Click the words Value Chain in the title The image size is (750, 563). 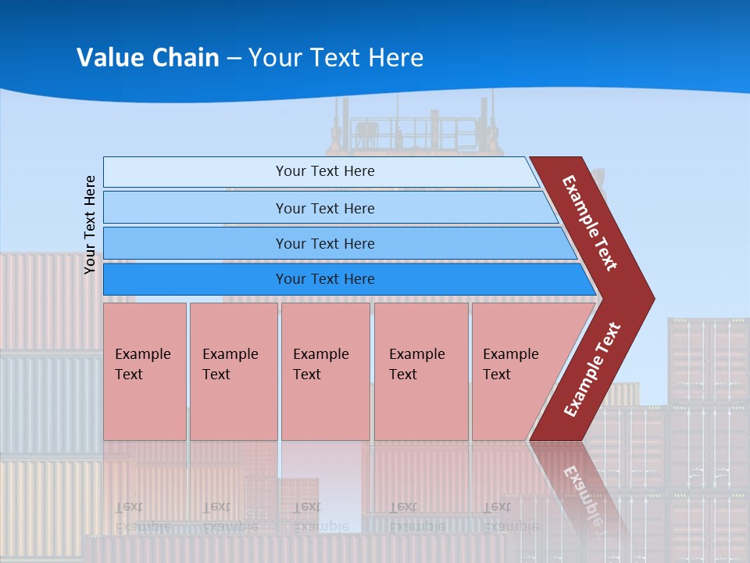(x=148, y=58)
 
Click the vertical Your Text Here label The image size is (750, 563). (x=91, y=224)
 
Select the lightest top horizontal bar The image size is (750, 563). (x=195, y=172)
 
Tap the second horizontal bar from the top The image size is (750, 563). (x=195, y=208)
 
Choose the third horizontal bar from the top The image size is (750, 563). (x=195, y=243)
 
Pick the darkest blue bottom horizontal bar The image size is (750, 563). (x=195, y=279)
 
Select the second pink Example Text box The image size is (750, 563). (x=233, y=399)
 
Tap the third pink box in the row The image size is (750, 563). (x=325, y=399)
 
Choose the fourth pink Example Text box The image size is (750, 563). (x=421, y=399)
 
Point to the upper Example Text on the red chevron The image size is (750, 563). (x=590, y=223)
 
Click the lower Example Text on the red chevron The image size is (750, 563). (x=592, y=370)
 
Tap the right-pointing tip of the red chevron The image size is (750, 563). (x=648, y=299)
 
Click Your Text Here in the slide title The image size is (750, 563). (x=336, y=58)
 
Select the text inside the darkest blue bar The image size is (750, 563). (x=325, y=279)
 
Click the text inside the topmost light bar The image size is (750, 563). (x=325, y=171)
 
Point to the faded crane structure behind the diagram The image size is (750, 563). (x=414, y=129)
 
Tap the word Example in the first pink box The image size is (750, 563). (x=142, y=354)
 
